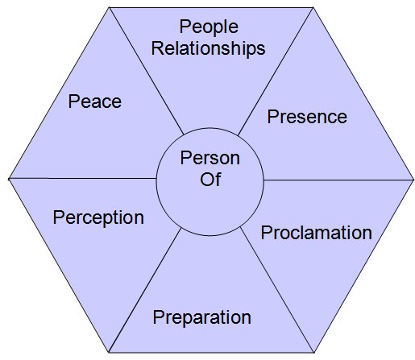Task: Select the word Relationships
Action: pyautogui.click(x=208, y=48)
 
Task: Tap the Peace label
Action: pyautogui.click(x=95, y=101)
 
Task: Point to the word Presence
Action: pyautogui.click(x=307, y=117)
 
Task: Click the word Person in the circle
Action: pyautogui.click(x=210, y=158)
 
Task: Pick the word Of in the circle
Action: pyautogui.click(x=210, y=179)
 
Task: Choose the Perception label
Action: pyautogui.click(x=98, y=218)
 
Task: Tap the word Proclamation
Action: pyautogui.click(x=317, y=233)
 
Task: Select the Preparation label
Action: pyautogui.click(x=202, y=318)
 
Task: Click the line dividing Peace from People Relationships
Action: pyautogui.click(x=147, y=71)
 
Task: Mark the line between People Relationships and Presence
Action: pyautogui.click(x=276, y=71)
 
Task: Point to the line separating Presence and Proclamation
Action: pyautogui.click(x=338, y=180)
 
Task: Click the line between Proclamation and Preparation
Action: pyautogui.click(x=277, y=290)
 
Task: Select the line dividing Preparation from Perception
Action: pyautogui.click(x=144, y=291)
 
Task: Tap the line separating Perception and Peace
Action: pyautogui.click(x=82, y=178)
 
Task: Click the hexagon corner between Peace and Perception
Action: pyautogui.click(x=9, y=178)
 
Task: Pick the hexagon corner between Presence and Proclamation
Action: pyautogui.click(x=413, y=180)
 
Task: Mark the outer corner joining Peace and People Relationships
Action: pyautogui.click(x=110, y=7)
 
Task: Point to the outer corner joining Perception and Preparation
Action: pyautogui.click(x=109, y=352)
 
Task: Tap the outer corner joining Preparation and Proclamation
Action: pyautogui.click(x=313, y=353)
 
